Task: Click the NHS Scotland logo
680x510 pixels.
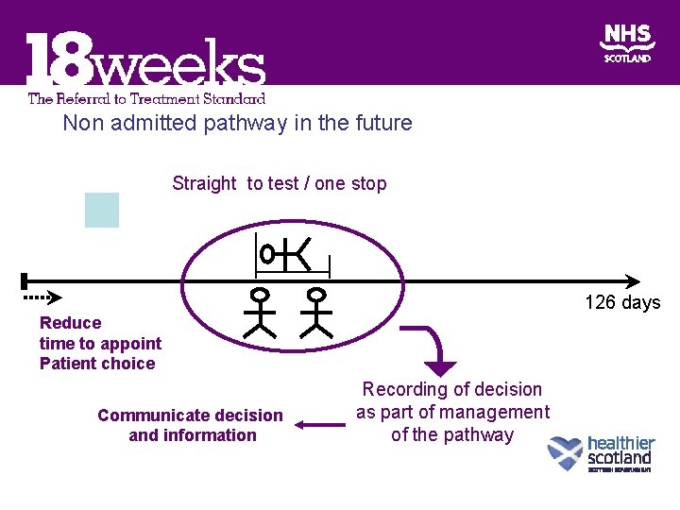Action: click(626, 43)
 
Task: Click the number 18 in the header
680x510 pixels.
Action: click(58, 62)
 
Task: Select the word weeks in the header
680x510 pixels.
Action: click(179, 66)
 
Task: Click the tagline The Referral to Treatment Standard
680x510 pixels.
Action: click(146, 97)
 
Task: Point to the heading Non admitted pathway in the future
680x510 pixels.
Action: click(237, 123)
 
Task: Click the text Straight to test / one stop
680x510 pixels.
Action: click(279, 183)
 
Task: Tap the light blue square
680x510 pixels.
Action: click(102, 210)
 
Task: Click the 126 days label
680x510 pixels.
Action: click(622, 303)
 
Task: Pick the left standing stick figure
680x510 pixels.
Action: click(258, 313)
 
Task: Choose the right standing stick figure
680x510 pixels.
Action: click(319, 313)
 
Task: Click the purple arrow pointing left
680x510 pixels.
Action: click(320, 425)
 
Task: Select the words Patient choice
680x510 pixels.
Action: click(97, 364)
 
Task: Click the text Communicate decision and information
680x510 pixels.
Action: click(190, 425)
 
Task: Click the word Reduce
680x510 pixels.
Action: click(70, 322)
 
